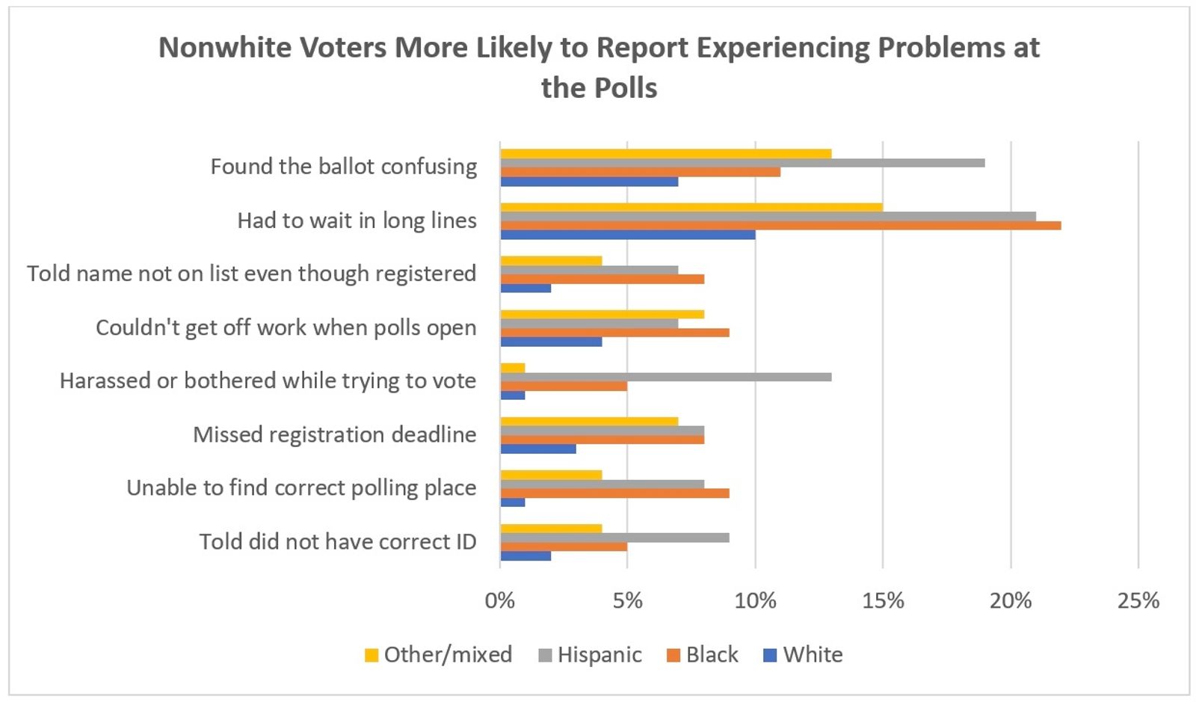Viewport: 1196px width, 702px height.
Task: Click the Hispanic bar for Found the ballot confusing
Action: pos(742,163)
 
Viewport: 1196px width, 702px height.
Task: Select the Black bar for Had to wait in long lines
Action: pos(780,226)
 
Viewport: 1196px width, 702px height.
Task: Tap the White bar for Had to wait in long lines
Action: pos(627,235)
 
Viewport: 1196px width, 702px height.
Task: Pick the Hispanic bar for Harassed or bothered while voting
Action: pos(665,377)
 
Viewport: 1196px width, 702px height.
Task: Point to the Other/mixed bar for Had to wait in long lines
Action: pos(691,207)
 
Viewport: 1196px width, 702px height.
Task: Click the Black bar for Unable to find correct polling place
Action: pos(614,493)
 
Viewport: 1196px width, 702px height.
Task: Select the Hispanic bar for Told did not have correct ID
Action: pos(614,538)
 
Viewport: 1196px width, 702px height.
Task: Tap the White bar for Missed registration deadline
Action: pos(537,449)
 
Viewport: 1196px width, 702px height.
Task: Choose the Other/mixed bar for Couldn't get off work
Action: pos(602,315)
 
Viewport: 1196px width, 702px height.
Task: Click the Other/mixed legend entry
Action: pos(439,655)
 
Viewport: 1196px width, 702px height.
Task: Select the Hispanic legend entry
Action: pos(591,655)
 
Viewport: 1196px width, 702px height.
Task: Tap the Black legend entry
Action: pos(703,655)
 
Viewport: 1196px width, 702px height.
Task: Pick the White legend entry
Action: pos(804,655)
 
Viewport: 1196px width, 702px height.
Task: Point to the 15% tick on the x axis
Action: pos(883,600)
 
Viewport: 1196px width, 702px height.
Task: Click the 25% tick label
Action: pos(1138,600)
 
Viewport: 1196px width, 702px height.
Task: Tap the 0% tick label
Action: pos(499,600)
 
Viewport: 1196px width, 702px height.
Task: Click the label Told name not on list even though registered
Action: pos(251,274)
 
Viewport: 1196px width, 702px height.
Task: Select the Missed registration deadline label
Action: pos(334,434)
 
